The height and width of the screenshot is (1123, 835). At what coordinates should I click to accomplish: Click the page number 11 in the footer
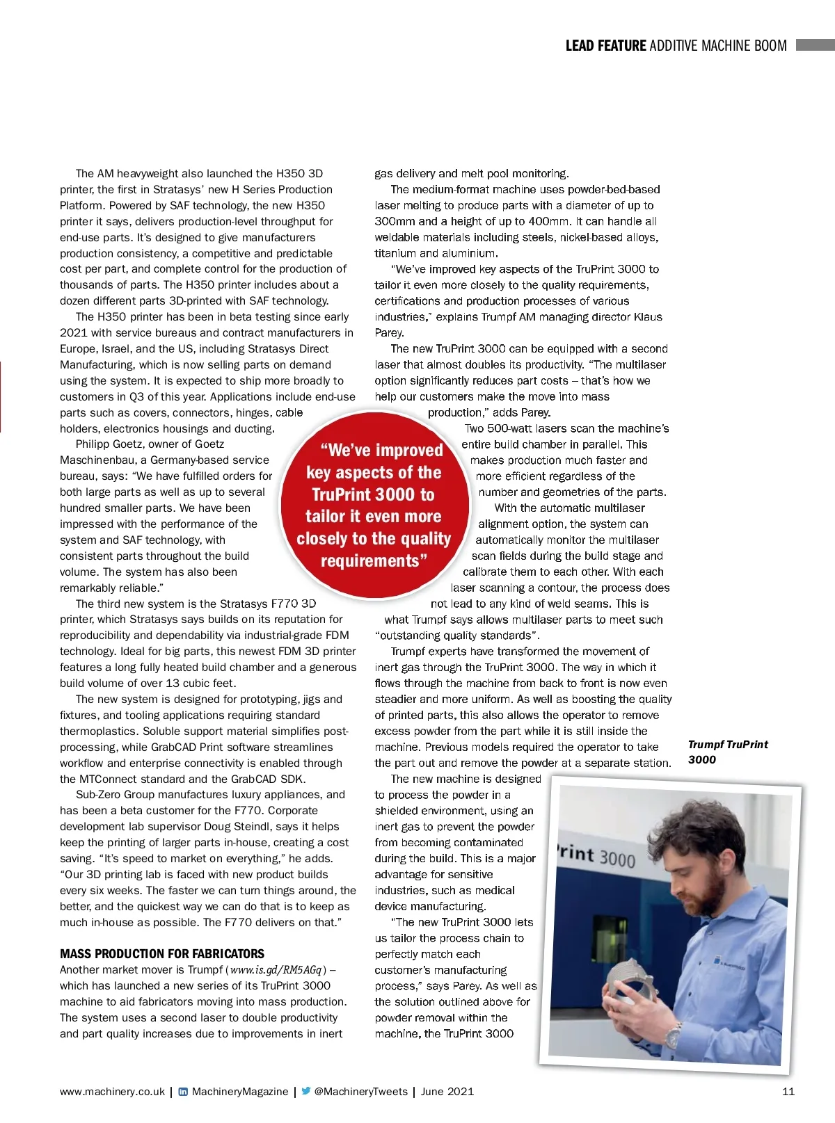pyautogui.click(x=788, y=1091)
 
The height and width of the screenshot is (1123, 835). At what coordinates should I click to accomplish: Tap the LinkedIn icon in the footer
pyautogui.click(x=183, y=1092)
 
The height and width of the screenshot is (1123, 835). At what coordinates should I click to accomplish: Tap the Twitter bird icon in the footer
pyautogui.click(x=305, y=1091)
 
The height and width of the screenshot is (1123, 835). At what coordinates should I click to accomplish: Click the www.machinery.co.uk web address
pyautogui.click(x=112, y=1091)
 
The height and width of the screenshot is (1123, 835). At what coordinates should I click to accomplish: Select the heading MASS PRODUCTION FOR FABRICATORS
pyautogui.click(x=162, y=953)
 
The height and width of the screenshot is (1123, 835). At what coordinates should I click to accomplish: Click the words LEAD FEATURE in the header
pyautogui.click(x=605, y=46)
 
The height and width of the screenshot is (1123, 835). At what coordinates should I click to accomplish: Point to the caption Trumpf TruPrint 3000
pyautogui.click(x=727, y=752)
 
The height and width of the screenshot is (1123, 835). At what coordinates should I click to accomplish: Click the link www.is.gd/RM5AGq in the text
pyautogui.click(x=276, y=969)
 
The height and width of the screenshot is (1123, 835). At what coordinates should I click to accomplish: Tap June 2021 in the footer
pyautogui.click(x=447, y=1091)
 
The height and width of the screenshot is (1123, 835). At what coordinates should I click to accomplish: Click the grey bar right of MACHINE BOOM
pyautogui.click(x=815, y=45)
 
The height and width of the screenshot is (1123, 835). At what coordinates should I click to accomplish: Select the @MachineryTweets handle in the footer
pyautogui.click(x=360, y=1091)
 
